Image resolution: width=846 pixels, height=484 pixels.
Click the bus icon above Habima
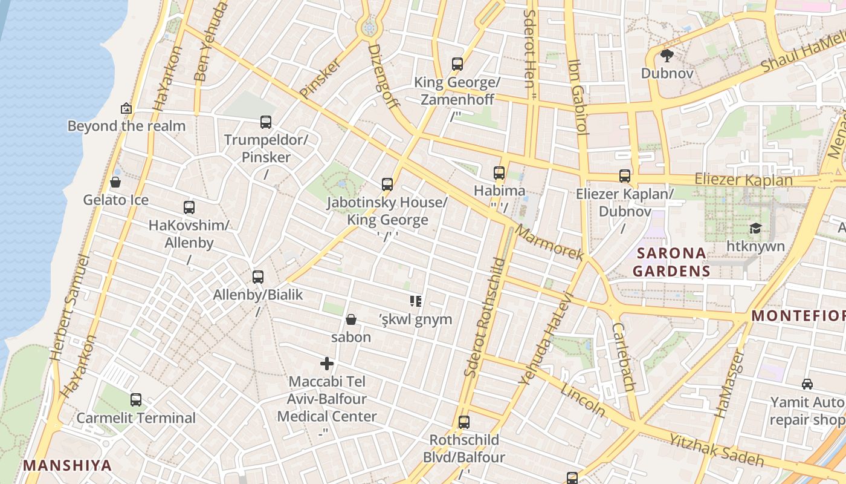click(499, 173)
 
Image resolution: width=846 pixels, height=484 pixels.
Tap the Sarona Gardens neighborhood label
click(671, 262)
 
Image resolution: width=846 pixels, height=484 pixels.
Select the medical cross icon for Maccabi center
click(327, 364)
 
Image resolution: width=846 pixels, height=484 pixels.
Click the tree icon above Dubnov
click(667, 56)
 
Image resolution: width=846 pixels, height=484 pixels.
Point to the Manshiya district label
click(68, 465)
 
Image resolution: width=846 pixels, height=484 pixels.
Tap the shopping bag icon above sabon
click(351, 319)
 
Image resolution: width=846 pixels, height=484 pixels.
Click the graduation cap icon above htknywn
click(755, 228)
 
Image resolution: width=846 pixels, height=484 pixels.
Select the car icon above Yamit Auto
click(807, 384)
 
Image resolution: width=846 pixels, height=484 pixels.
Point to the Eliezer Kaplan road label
click(743, 180)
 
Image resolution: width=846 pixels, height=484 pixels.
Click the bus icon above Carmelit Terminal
click(136, 400)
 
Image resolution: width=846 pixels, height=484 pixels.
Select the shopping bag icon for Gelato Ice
click(115, 182)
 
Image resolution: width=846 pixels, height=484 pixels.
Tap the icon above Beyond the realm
click(126, 108)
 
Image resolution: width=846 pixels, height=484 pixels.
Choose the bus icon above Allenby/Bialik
click(258, 277)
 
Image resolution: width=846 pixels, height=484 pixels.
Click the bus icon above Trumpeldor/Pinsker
click(266, 122)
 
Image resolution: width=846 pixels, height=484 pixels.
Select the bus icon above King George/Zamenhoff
click(457, 64)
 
